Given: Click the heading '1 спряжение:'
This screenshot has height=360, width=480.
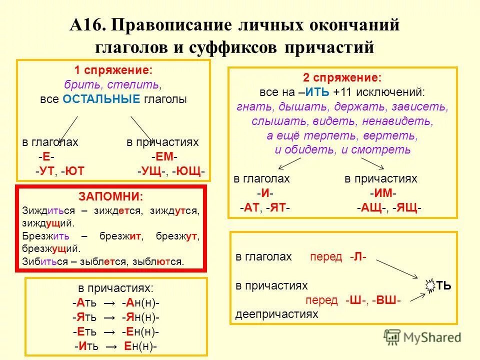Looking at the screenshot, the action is tap(113, 69).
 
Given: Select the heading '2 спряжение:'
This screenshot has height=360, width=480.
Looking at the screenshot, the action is tap(342, 78).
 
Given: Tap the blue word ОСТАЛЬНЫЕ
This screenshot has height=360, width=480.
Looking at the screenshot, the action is tap(101, 99).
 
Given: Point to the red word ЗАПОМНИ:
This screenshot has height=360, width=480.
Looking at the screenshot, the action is tap(110, 196).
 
